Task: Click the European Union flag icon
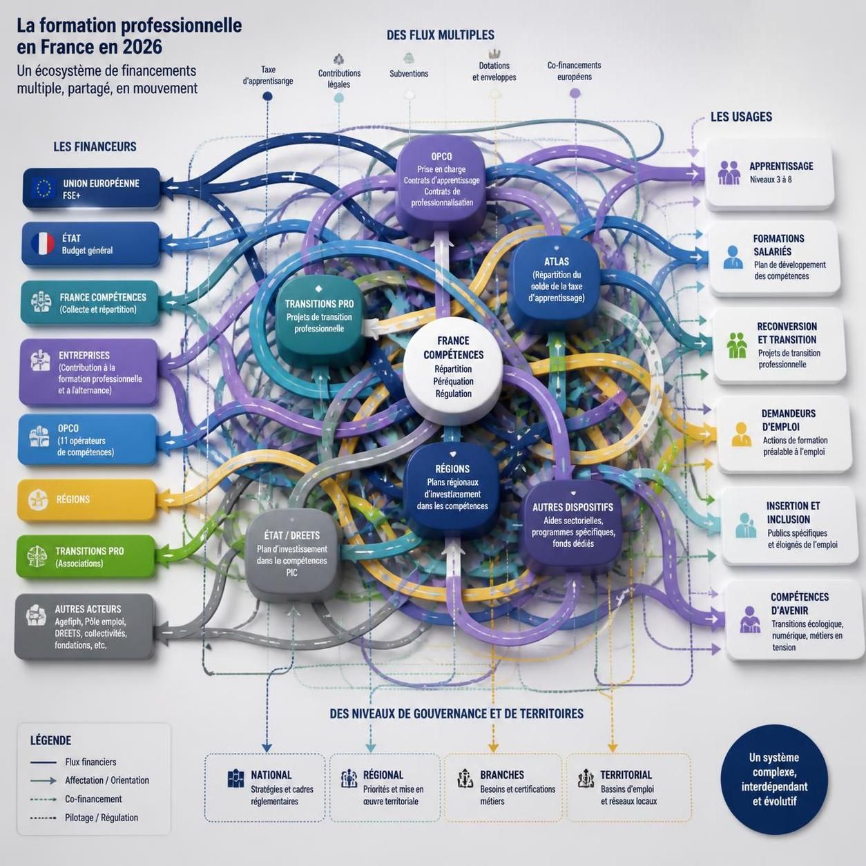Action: click(x=44, y=188)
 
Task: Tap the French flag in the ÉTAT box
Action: click(x=43, y=244)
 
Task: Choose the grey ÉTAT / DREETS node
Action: click(x=292, y=555)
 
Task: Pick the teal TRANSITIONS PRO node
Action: click(x=319, y=318)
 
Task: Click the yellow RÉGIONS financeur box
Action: click(x=87, y=500)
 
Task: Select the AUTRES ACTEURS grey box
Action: click(x=84, y=626)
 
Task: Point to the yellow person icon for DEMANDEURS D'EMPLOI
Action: click(x=742, y=434)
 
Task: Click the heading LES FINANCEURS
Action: click(x=95, y=147)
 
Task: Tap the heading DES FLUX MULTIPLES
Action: click(x=441, y=35)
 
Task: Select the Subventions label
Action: click(x=409, y=74)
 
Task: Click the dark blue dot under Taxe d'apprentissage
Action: click(x=267, y=96)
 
